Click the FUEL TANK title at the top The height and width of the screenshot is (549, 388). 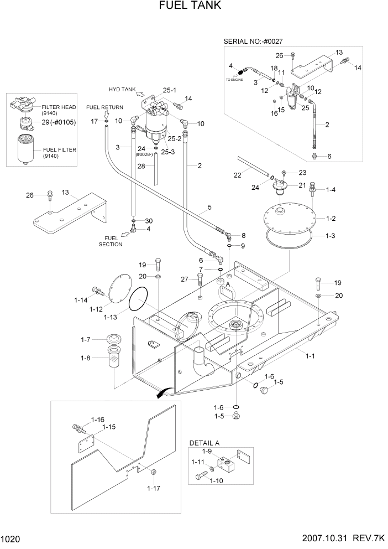[x=190, y=6]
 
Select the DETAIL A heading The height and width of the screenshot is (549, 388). [x=205, y=443]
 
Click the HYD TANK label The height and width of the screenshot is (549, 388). [x=122, y=89]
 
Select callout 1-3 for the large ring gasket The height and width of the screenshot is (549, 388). [x=331, y=236]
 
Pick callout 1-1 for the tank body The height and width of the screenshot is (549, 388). [x=310, y=356]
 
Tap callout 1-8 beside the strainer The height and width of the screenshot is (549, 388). [x=86, y=358]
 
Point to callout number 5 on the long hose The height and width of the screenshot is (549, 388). [x=209, y=208]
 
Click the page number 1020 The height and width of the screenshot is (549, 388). [x=11, y=538]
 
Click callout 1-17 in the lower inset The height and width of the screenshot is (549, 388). [x=154, y=488]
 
